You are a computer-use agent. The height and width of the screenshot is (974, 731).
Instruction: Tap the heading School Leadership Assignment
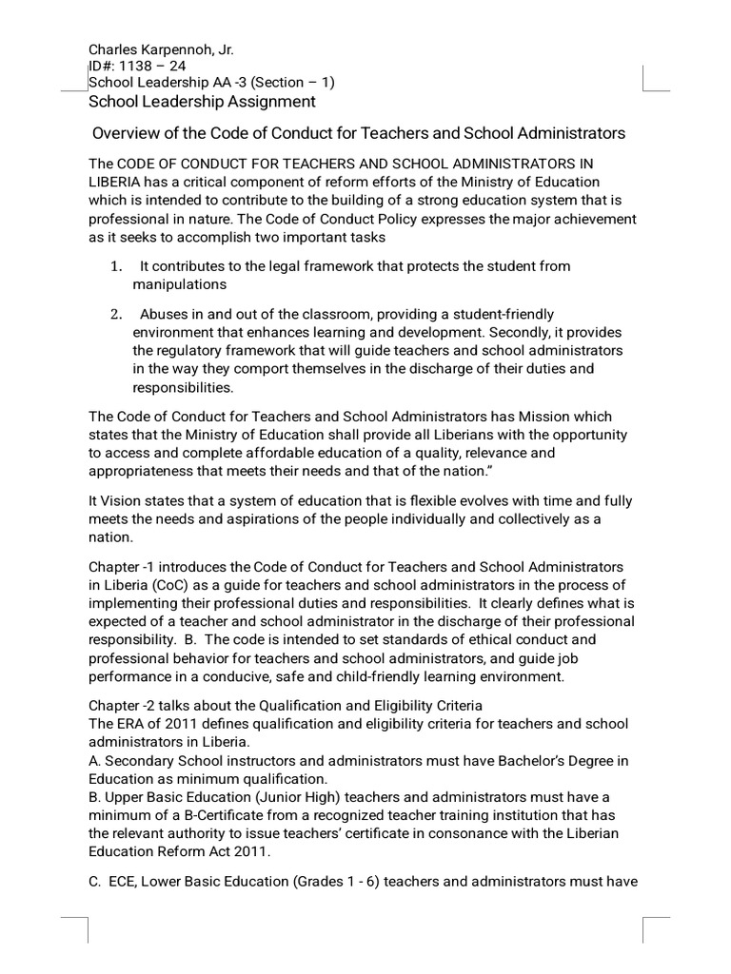(x=202, y=101)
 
